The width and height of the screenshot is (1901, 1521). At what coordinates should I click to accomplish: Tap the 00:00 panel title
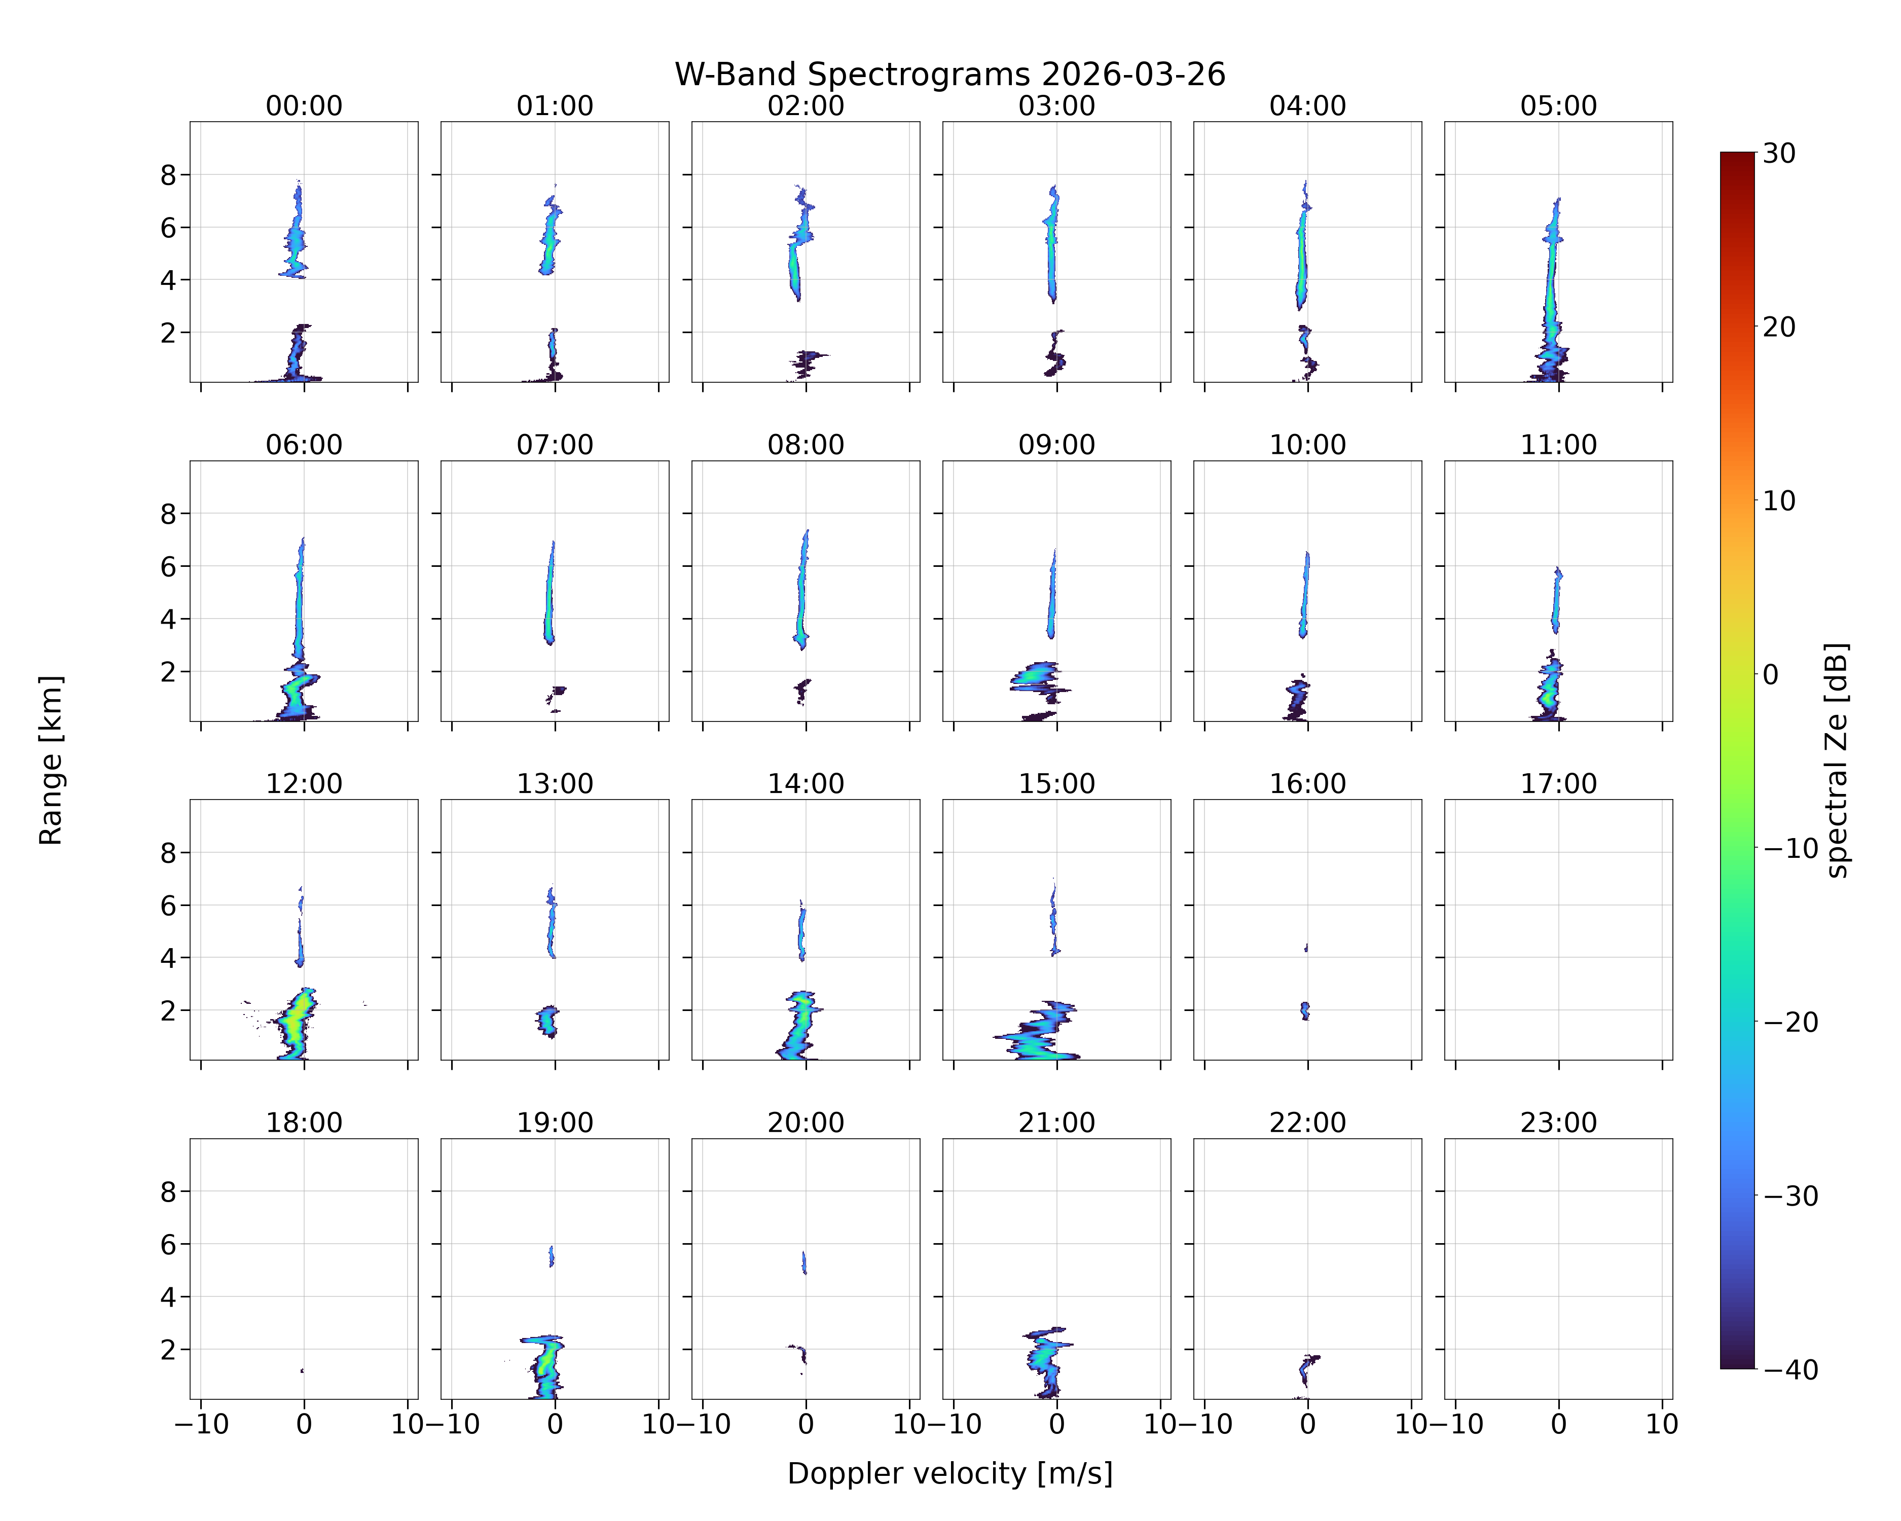(304, 106)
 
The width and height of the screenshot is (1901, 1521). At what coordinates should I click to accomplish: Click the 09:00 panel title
(1056, 445)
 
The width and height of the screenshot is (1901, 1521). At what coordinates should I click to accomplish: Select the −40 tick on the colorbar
(1790, 1369)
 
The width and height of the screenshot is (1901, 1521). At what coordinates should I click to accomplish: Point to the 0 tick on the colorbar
(1771, 674)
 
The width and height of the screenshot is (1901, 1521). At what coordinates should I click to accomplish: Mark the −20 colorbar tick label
(1790, 1022)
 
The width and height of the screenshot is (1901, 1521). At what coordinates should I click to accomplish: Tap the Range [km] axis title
(50, 760)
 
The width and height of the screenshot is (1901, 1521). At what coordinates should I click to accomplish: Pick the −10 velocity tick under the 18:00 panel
(201, 1423)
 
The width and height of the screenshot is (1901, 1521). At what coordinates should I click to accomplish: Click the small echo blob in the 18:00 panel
(303, 1371)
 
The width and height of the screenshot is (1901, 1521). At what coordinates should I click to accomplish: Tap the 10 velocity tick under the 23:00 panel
(1662, 1423)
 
